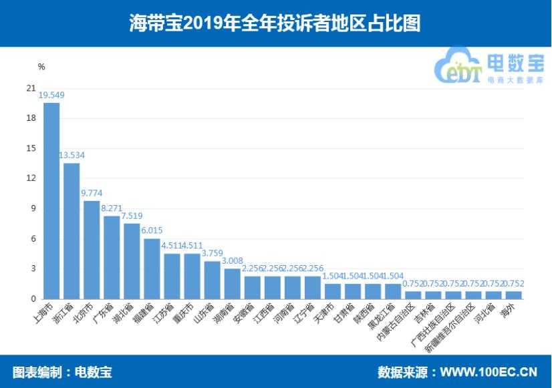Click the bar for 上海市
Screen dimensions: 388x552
[51, 201]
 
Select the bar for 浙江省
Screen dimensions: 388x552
[72, 231]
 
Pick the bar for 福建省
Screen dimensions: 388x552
[152, 268]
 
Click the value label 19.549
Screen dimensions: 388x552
[51, 95]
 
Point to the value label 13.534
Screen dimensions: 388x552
[72, 156]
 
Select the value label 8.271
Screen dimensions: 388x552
[112, 208]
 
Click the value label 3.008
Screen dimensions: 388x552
[232, 261]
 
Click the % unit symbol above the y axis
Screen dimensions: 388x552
[41, 67]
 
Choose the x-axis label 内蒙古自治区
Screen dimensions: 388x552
[405, 323]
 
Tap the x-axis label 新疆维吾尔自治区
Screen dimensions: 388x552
[458, 328]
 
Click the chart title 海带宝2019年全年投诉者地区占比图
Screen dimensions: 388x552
[275, 23]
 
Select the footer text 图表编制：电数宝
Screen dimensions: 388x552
[61, 371]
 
